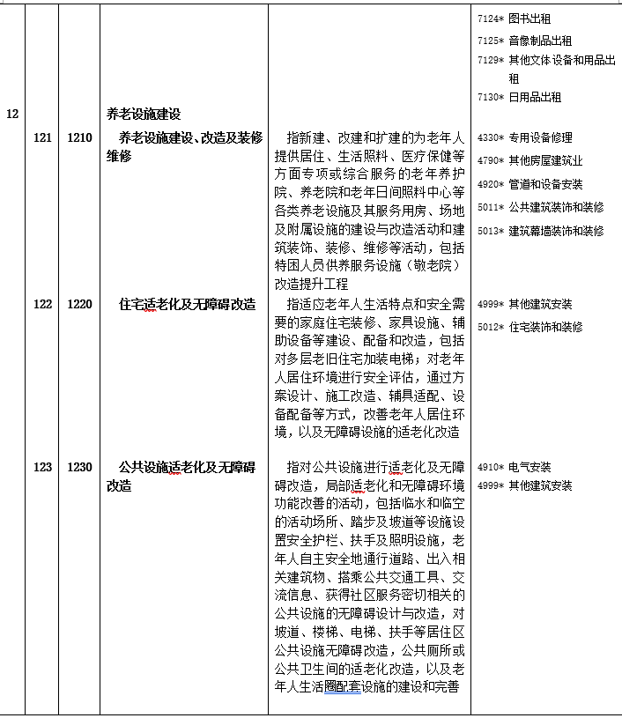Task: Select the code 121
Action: click(x=42, y=137)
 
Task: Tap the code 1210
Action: click(x=79, y=137)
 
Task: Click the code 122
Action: click(x=42, y=304)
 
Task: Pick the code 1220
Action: click(x=79, y=304)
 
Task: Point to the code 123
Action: click(x=42, y=467)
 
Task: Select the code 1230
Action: click(x=79, y=467)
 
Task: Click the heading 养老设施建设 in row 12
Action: click(x=144, y=115)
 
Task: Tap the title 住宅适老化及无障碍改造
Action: click(x=187, y=304)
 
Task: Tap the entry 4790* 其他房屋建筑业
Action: click(x=529, y=161)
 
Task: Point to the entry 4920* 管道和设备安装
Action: click(x=529, y=184)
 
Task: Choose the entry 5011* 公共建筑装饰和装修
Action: click(x=539, y=207)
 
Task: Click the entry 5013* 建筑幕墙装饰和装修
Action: click(x=539, y=230)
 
